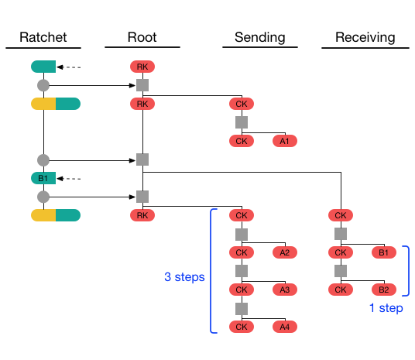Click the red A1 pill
(x=284, y=141)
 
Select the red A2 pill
(x=284, y=252)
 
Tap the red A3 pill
(x=284, y=290)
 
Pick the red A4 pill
(x=284, y=327)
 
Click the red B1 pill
(x=383, y=252)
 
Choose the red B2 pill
(x=383, y=290)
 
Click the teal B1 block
(x=43, y=178)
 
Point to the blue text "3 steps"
(x=184, y=276)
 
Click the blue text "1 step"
(x=386, y=308)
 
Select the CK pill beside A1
(x=242, y=141)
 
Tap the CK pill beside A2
(x=242, y=252)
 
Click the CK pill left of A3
(x=242, y=290)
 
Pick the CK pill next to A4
(x=242, y=327)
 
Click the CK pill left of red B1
(x=341, y=252)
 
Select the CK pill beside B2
(x=341, y=290)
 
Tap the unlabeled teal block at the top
(x=43, y=67)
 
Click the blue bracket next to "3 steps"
(x=212, y=271)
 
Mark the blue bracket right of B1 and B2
(x=406, y=271)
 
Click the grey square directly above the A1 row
(x=242, y=122)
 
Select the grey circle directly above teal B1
(x=43, y=159)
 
